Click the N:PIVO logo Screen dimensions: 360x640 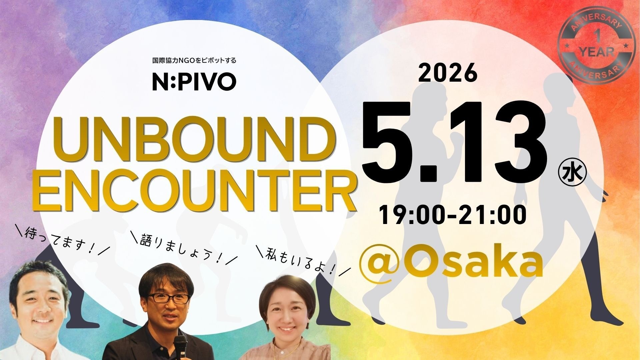194,82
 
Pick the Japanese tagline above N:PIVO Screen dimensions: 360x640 194,61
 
